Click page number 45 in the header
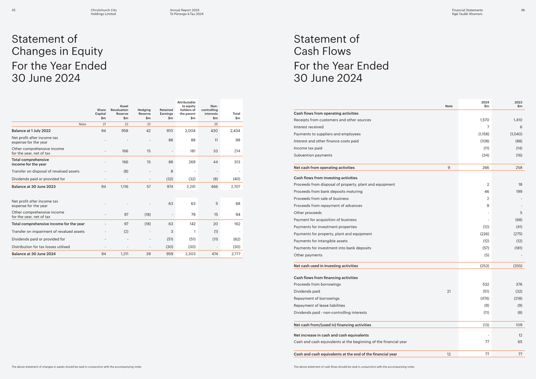point(14,10)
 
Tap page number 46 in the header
point(523,10)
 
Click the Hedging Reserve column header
point(144,114)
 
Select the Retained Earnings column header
point(166,114)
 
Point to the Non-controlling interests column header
point(210,112)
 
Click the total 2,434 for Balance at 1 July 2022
point(235,131)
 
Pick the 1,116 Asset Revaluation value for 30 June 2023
point(124,187)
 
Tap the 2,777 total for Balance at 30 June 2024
point(236,254)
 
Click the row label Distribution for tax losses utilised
point(41,247)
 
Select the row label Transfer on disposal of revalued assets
point(46,171)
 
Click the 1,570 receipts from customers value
point(484,120)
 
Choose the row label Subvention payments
point(313,155)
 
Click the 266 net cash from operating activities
point(485,167)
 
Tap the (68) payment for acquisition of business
point(518,220)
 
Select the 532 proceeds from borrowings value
point(485,284)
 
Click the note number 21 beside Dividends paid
point(449,292)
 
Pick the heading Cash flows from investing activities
point(326,178)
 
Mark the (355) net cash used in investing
point(518,266)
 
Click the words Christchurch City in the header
point(104,10)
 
